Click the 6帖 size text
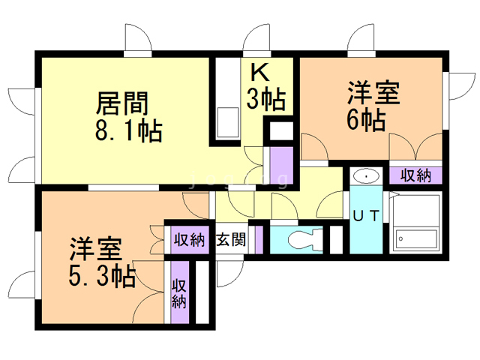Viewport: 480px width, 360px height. click(367, 119)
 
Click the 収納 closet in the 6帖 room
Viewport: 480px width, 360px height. click(415, 175)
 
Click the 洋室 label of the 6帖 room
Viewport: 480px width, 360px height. click(373, 94)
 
